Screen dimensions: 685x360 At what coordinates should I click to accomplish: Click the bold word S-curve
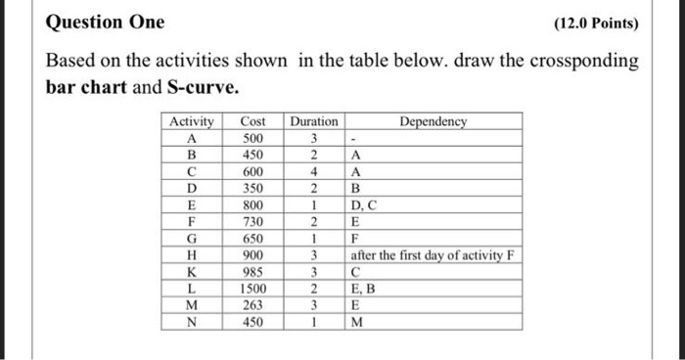click(x=202, y=87)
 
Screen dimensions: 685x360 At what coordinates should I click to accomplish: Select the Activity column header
click(x=192, y=122)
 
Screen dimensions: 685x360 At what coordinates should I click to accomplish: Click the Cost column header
click(x=252, y=122)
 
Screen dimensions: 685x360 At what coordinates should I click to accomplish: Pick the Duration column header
click(x=313, y=122)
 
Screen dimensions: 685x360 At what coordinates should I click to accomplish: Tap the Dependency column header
click(x=434, y=122)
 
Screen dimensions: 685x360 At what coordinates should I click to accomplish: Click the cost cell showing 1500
click(x=252, y=291)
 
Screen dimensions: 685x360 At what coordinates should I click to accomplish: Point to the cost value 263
click(x=252, y=306)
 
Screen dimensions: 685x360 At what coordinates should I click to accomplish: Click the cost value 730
click(x=252, y=223)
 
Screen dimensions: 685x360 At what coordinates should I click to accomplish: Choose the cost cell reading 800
click(x=252, y=206)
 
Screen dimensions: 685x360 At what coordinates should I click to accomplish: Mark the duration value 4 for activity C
click(x=313, y=172)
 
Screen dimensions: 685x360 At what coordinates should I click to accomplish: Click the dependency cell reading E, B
click(x=363, y=291)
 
